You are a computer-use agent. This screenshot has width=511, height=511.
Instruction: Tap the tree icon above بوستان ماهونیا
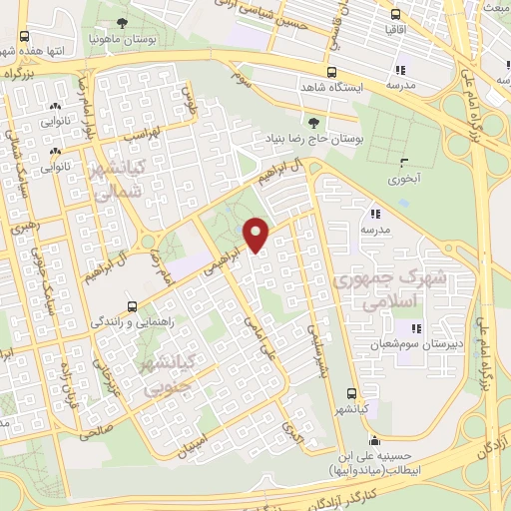coord(122,22)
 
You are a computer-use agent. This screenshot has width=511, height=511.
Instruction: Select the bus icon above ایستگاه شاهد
coord(331,72)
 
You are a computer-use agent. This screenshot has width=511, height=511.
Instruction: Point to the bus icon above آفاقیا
coord(396,16)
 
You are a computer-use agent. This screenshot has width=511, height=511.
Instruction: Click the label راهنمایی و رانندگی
coord(133,321)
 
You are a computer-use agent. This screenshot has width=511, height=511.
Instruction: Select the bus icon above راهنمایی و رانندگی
coord(133,305)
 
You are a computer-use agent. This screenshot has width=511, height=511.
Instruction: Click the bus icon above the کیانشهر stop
coord(350,392)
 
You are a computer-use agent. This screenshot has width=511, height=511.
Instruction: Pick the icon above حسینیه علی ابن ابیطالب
coord(373,442)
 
